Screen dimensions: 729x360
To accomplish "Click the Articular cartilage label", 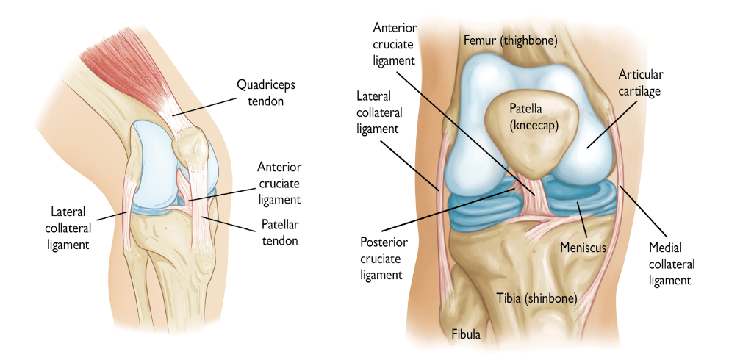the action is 640,83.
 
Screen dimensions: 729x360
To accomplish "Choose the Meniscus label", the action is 583,248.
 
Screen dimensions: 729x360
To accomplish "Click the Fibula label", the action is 466,334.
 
